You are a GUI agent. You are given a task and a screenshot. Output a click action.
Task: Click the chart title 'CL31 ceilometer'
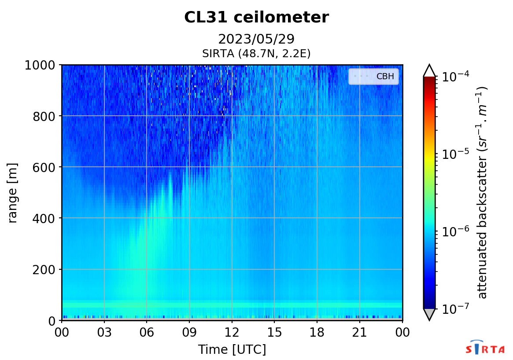[256, 18]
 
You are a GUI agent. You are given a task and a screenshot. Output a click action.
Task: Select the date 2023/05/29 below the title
[256, 39]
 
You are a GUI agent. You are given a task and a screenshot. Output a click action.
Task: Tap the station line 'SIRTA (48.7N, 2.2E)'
[256, 54]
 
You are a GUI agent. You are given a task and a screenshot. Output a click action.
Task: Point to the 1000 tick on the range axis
[40, 65]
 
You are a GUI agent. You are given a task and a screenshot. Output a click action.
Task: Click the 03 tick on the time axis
[104, 332]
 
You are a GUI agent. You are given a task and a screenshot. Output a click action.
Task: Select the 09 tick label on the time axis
[189, 332]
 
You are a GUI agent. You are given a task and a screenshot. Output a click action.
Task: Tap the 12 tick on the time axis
[232, 332]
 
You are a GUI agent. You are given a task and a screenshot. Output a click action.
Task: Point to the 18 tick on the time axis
[317, 332]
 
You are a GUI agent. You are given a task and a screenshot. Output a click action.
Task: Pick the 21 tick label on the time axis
[360, 332]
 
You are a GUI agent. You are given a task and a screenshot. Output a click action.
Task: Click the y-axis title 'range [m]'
[13, 193]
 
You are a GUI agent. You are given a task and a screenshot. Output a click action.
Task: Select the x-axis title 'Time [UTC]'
[232, 350]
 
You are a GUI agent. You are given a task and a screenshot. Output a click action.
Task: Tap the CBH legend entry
[374, 77]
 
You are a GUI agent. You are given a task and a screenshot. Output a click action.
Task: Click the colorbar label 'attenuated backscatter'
[483, 192]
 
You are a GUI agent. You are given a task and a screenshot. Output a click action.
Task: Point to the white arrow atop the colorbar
[429, 70]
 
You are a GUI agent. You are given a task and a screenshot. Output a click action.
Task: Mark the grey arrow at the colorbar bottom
[429, 314]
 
